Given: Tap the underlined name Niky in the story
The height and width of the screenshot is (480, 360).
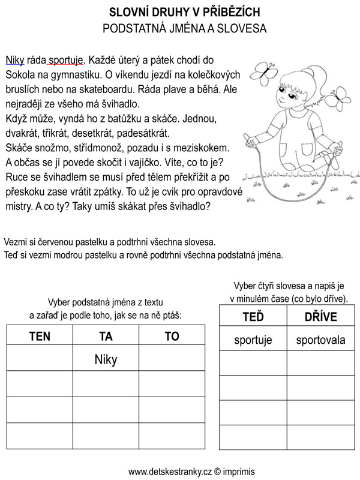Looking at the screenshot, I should pos(14,60).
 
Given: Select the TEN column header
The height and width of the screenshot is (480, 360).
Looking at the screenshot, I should pos(40,337).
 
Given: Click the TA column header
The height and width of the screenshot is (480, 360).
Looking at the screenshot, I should pos(106,337).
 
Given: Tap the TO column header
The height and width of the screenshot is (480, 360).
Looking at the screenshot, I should pos(172,337).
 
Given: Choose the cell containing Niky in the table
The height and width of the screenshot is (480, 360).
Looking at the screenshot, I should pos(106,359).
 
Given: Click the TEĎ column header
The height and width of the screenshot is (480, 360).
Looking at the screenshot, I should pos(253,317).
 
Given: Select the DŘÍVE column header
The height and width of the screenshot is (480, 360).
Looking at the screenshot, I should pos(320,317).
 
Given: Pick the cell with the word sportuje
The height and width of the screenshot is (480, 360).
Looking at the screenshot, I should pos(253,340).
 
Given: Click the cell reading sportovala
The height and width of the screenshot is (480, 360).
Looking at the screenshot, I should pos(320,340).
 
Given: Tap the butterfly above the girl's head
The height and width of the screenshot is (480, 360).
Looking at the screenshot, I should pos(263,72).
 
